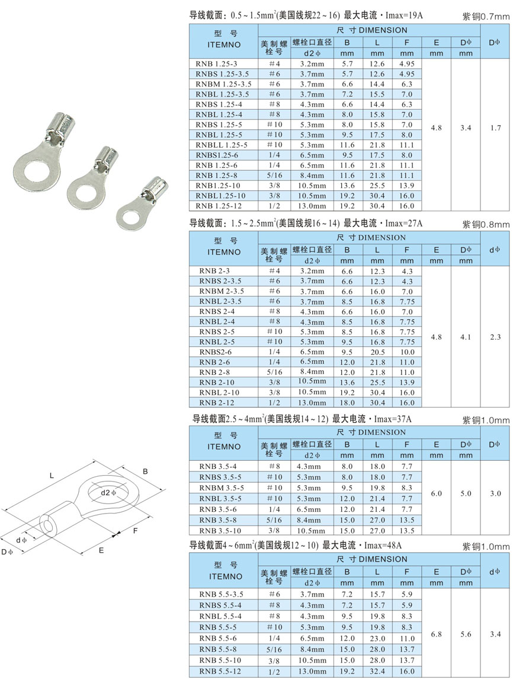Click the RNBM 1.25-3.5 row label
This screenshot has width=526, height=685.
(223, 84)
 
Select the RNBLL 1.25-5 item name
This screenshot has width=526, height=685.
(221, 145)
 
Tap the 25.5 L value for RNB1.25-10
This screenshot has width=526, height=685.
(377, 185)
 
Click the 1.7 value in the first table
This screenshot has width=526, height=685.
(495, 128)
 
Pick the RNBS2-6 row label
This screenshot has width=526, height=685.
(216, 352)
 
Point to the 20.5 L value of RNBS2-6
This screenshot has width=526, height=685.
(377, 352)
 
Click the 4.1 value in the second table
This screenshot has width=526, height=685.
(466, 337)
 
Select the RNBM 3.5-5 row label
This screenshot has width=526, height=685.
(222, 488)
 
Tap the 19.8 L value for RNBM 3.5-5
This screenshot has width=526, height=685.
(377, 488)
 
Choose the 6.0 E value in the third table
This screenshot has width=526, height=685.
(436, 493)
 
